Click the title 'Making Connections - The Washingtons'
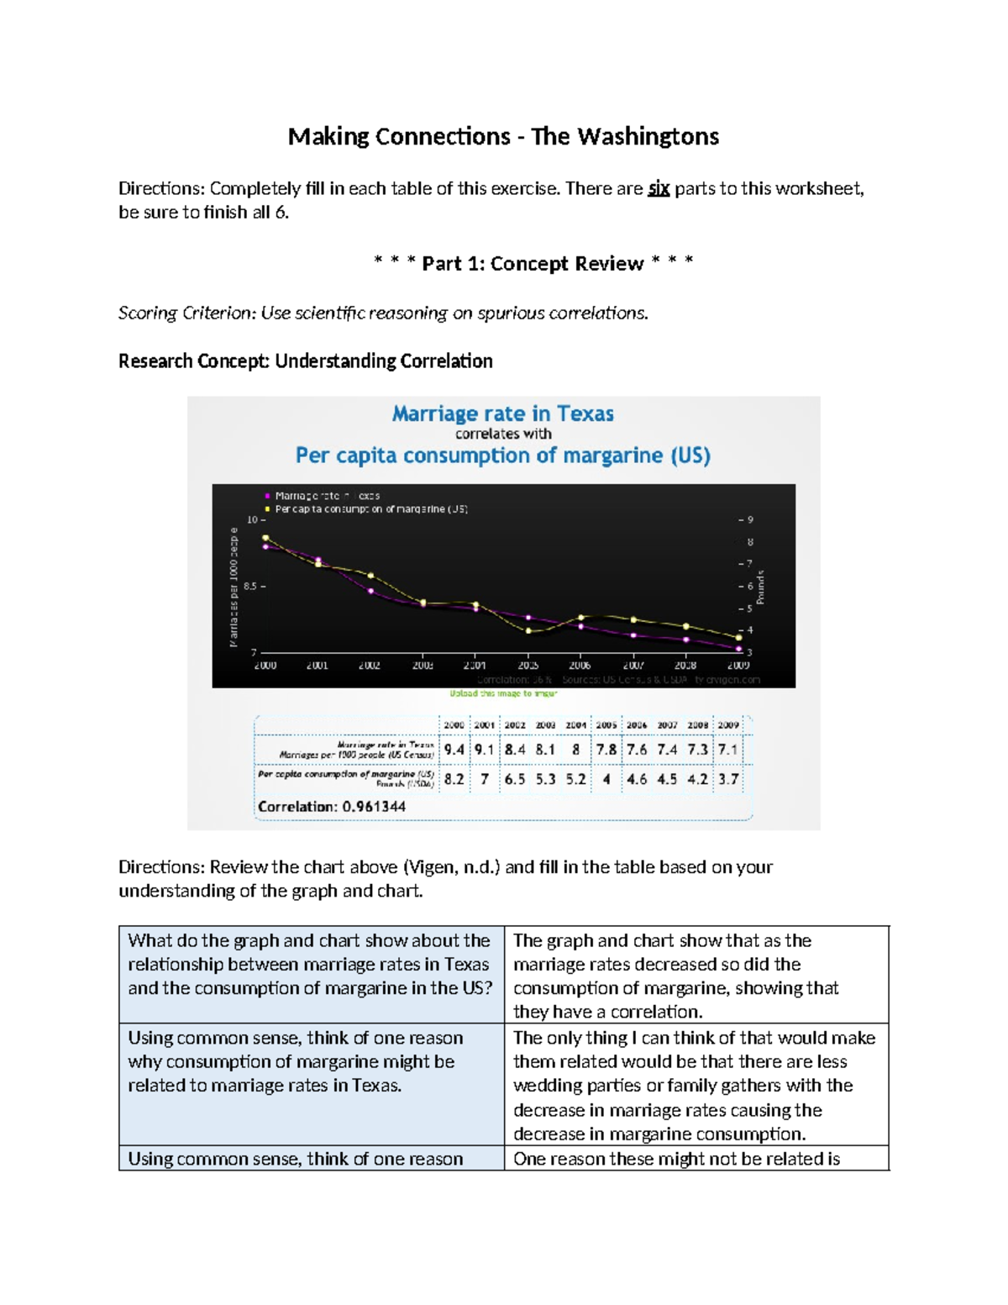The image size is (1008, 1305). click(503, 136)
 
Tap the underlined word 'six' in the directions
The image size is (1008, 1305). click(659, 188)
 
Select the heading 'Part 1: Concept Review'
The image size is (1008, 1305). click(533, 264)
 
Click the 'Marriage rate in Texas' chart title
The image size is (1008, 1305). click(502, 413)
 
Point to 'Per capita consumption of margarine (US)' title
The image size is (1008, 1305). click(502, 455)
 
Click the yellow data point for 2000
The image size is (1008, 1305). click(265, 538)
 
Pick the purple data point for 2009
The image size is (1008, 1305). click(738, 648)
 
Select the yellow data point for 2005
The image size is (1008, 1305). click(528, 630)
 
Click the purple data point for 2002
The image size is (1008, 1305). click(370, 591)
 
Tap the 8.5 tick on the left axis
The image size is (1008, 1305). click(252, 586)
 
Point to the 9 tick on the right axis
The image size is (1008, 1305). click(750, 519)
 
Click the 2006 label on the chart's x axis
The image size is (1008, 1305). click(580, 665)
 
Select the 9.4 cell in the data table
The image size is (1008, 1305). click(454, 750)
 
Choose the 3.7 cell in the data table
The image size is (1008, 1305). click(728, 779)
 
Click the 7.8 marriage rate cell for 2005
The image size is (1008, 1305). click(606, 750)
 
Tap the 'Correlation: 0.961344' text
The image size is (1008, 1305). click(332, 807)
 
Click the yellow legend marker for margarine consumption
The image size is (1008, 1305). click(268, 508)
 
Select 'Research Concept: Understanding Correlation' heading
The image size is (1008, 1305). click(305, 361)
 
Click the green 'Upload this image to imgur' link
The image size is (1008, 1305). click(503, 693)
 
